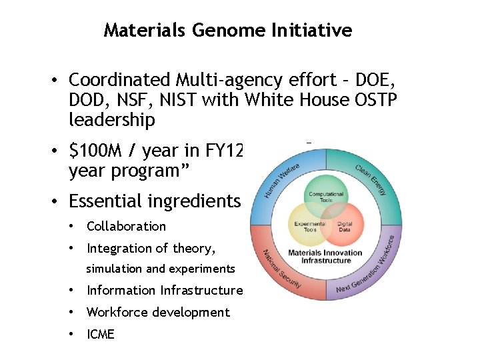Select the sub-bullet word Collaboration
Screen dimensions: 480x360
click(x=126, y=226)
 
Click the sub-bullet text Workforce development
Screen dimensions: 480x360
click(x=158, y=312)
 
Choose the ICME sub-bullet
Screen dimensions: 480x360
click(x=101, y=334)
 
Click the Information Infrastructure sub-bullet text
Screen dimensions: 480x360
click(x=165, y=290)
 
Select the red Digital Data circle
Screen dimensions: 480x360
click(x=345, y=226)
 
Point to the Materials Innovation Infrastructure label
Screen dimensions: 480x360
click(x=325, y=257)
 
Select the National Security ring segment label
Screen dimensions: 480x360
click(x=281, y=270)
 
